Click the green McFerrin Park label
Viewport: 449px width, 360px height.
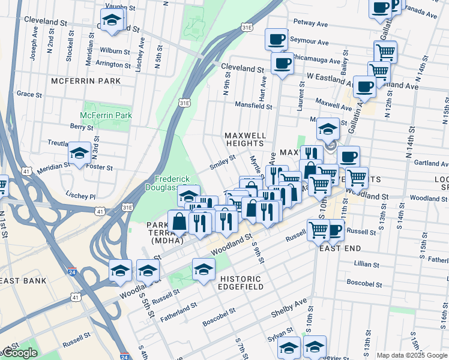tap(106, 115)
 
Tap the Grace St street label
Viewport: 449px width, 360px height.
tap(29, 94)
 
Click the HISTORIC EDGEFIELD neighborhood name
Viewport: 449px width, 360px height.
tap(241, 283)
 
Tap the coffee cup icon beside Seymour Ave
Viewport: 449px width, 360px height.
tap(276, 39)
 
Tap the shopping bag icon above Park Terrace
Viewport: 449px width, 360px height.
tap(179, 221)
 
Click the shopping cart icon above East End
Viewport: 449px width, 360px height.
tap(318, 229)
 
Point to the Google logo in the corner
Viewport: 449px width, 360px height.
tap(19, 353)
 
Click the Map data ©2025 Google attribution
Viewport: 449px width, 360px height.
tap(412, 355)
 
